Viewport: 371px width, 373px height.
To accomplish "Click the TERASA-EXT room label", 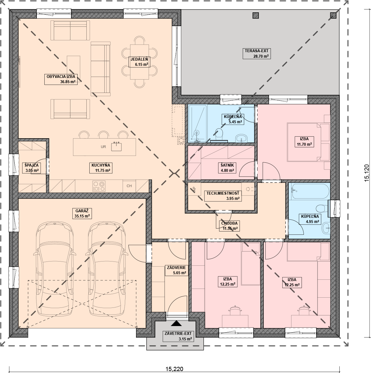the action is pos(257,53).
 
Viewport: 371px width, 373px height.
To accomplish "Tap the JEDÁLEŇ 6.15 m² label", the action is pos(139,62).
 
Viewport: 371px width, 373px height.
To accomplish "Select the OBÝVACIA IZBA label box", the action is pos(61,79).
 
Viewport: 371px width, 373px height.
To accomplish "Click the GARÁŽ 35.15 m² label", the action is pos(82,214).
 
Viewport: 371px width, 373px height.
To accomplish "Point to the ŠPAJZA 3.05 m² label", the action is pos(32,168).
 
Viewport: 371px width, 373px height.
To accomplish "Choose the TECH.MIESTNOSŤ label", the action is pos(223,196).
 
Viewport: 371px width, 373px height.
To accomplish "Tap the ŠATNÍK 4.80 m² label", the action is pos(227,168).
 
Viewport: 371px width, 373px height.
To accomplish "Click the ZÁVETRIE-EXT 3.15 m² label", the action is pos(178,336).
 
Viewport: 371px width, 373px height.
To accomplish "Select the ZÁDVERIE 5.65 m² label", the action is pos(176,270).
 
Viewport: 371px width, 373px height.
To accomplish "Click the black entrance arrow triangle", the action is pos(176,323).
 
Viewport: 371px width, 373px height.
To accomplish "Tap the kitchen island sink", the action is pos(116,146).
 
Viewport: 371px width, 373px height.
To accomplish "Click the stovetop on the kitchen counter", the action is pos(99,186).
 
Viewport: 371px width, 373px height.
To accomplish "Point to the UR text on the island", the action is pos(103,147).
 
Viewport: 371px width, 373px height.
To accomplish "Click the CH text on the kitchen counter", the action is pos(129,186).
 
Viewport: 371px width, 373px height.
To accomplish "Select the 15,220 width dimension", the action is pos(174,369).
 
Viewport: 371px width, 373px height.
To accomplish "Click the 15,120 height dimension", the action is pos(367,173).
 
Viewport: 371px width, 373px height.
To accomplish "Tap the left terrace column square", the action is pos(256,15).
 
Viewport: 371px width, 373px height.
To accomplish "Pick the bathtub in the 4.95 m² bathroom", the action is pos(309,191).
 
